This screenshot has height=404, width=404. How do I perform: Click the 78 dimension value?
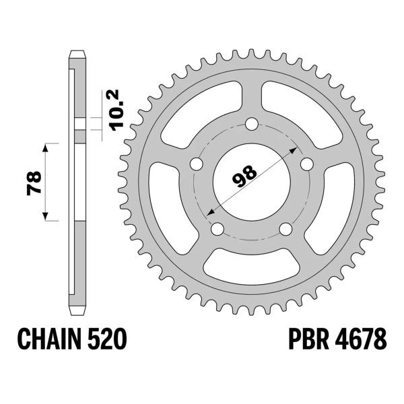[x=34, y=182]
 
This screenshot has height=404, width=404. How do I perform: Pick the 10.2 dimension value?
[x=114, y=111]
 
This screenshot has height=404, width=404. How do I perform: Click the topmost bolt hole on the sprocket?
[x=252, y=124]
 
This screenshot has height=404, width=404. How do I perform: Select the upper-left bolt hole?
[x=197, y=164]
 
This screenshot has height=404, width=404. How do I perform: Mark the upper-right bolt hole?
[x=307, y=164]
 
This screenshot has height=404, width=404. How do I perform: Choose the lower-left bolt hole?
[x=217, y=229]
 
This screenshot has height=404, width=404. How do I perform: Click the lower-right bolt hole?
[x=285, y=229]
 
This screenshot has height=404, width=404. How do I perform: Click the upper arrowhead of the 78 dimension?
[x=46, y=147]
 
